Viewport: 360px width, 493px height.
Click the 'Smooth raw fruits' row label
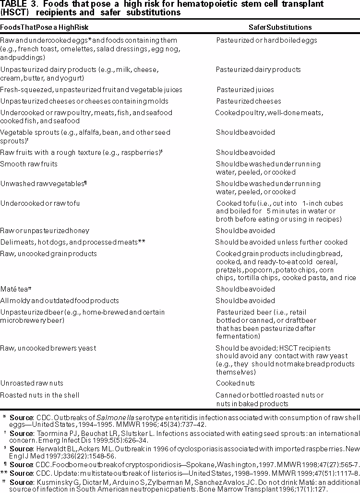tap(29, 164)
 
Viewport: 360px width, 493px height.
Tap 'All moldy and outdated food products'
tap(60, 301)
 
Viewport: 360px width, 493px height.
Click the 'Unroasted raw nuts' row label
tap(32, 384)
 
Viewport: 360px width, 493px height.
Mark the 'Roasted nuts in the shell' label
tap(40, 395)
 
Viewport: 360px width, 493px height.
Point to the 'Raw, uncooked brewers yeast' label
tap(48, 348)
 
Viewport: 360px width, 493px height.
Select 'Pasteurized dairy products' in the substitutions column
tap(258, 70)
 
